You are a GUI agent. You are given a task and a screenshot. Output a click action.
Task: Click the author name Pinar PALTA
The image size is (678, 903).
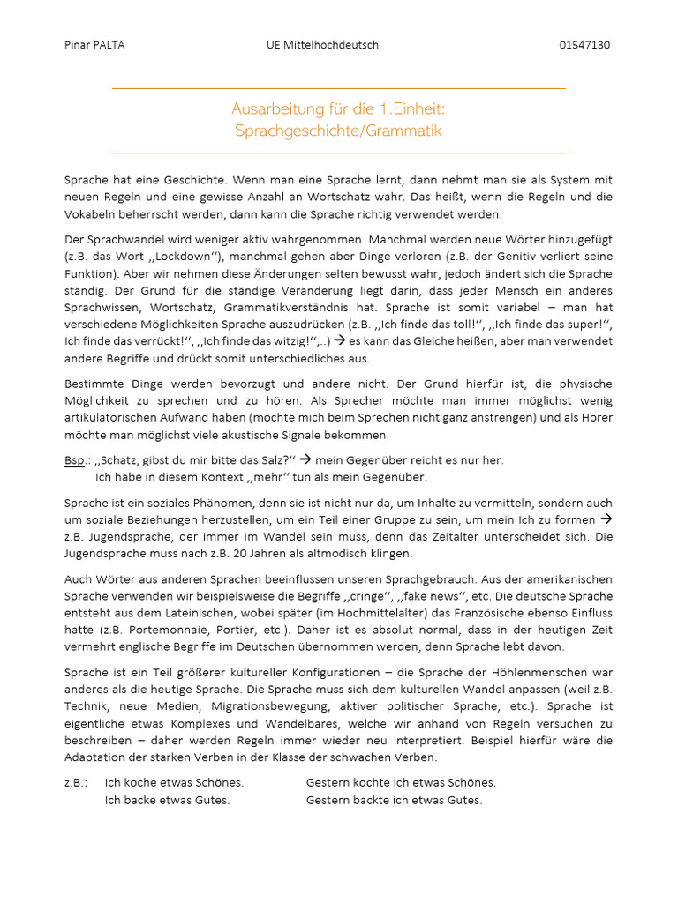(94, 45)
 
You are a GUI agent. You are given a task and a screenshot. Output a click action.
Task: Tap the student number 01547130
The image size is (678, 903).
(585, 45)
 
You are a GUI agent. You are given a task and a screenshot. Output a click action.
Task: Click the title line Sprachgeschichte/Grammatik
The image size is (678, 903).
(338, 131)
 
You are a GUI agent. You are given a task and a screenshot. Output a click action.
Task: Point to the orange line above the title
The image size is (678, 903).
(338, 89)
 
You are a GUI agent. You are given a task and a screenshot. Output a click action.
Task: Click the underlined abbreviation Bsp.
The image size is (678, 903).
(74, 460)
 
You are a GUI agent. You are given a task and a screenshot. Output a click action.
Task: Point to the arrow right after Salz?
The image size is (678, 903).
(307, 459)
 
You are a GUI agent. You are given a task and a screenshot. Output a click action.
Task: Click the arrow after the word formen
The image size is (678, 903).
(606, 519)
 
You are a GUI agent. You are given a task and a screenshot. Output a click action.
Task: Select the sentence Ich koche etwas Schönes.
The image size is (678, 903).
(174, 783)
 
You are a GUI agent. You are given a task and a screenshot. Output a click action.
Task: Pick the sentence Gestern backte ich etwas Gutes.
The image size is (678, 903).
(394, 801)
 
